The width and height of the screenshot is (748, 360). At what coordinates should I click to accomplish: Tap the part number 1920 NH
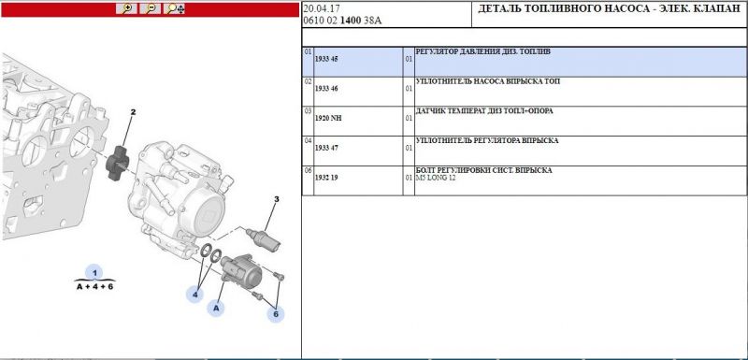click(x=328, y=118)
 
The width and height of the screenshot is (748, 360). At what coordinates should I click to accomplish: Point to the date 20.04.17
click(x=321, y=9)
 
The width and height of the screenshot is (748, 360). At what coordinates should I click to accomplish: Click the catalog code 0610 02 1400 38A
click(x=342, y=21)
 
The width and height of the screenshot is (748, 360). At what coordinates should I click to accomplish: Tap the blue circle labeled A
click(x=216, y=308)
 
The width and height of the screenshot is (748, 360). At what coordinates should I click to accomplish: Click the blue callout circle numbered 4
click(x=194, y=295)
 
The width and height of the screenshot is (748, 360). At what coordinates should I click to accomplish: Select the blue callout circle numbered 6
click(x=276, y=314)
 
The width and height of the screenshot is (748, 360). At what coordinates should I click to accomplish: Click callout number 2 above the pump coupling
click(x=133, y=112)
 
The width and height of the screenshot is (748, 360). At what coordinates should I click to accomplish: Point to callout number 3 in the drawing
click(x=276, y=199)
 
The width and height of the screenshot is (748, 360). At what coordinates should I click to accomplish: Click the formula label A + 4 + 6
click(x=95, y=286)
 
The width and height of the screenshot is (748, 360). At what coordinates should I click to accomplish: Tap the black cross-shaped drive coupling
click(x=117, y=163)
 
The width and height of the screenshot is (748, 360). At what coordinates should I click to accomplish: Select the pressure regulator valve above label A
click(x=241, y=270)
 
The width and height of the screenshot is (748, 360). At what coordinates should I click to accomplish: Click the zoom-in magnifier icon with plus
click(x=126, y=8)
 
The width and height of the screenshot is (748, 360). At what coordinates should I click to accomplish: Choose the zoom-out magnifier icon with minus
click(x=151, y=8)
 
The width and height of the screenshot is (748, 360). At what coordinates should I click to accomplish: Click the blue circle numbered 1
click(x=94, y=273)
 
